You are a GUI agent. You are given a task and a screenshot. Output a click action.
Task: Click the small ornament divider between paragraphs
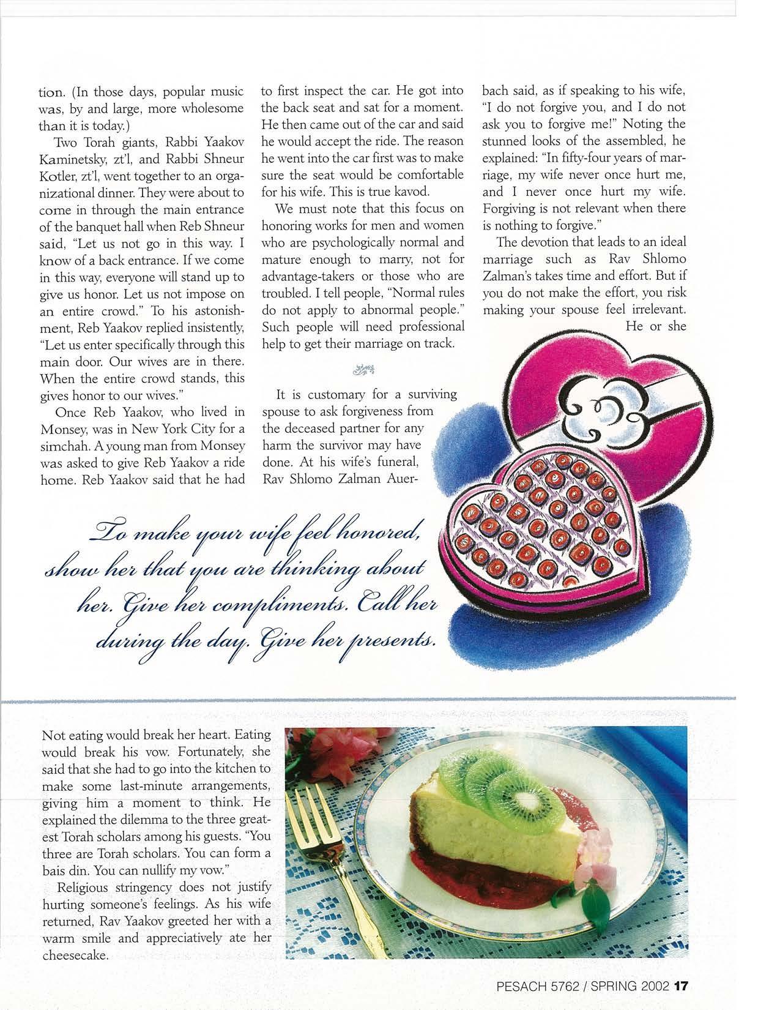[360, 368]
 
